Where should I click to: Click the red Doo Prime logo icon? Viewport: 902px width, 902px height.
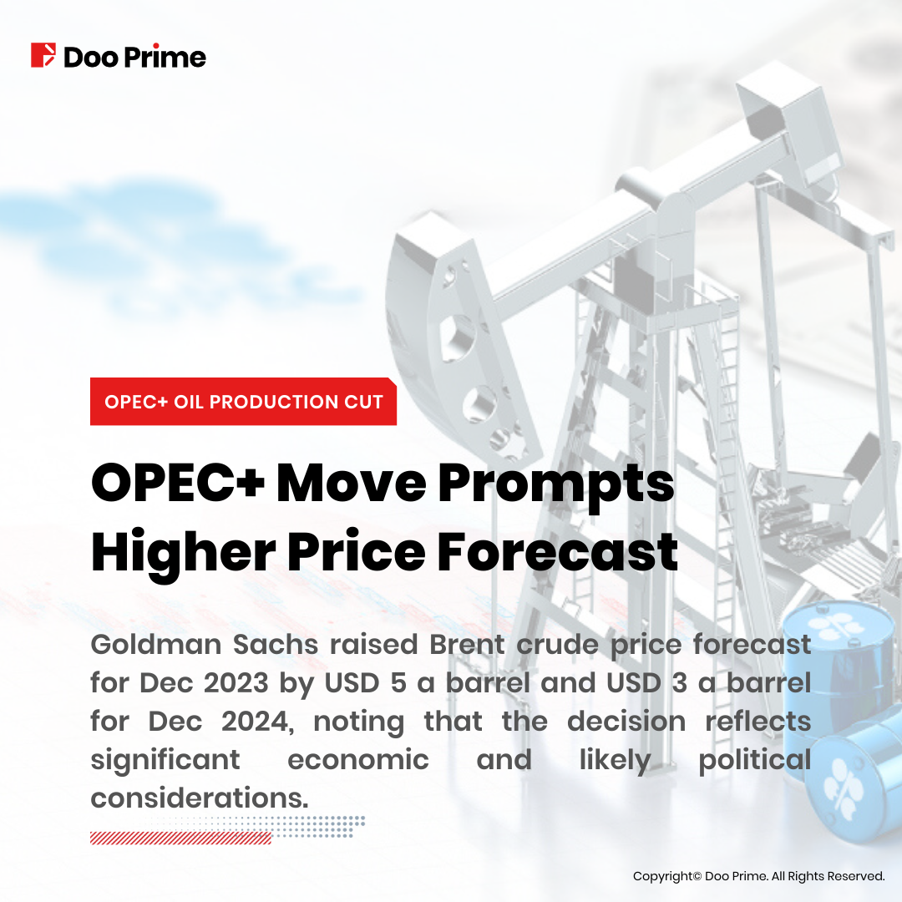[43, 55]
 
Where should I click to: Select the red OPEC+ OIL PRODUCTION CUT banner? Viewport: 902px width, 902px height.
[243, 402]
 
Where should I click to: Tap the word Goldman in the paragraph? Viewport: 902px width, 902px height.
[156, 644]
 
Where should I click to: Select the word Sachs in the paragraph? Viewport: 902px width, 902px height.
[276, 644]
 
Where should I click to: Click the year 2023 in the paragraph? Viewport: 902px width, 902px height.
[236, 683]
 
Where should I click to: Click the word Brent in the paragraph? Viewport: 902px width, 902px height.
[468, 644]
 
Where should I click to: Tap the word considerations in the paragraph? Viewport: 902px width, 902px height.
[200, 798]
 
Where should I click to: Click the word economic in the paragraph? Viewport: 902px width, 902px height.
[358, 760]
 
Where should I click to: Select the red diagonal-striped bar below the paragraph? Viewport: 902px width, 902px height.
[180, 839]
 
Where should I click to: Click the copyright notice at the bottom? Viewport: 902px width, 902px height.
[758, 876]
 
